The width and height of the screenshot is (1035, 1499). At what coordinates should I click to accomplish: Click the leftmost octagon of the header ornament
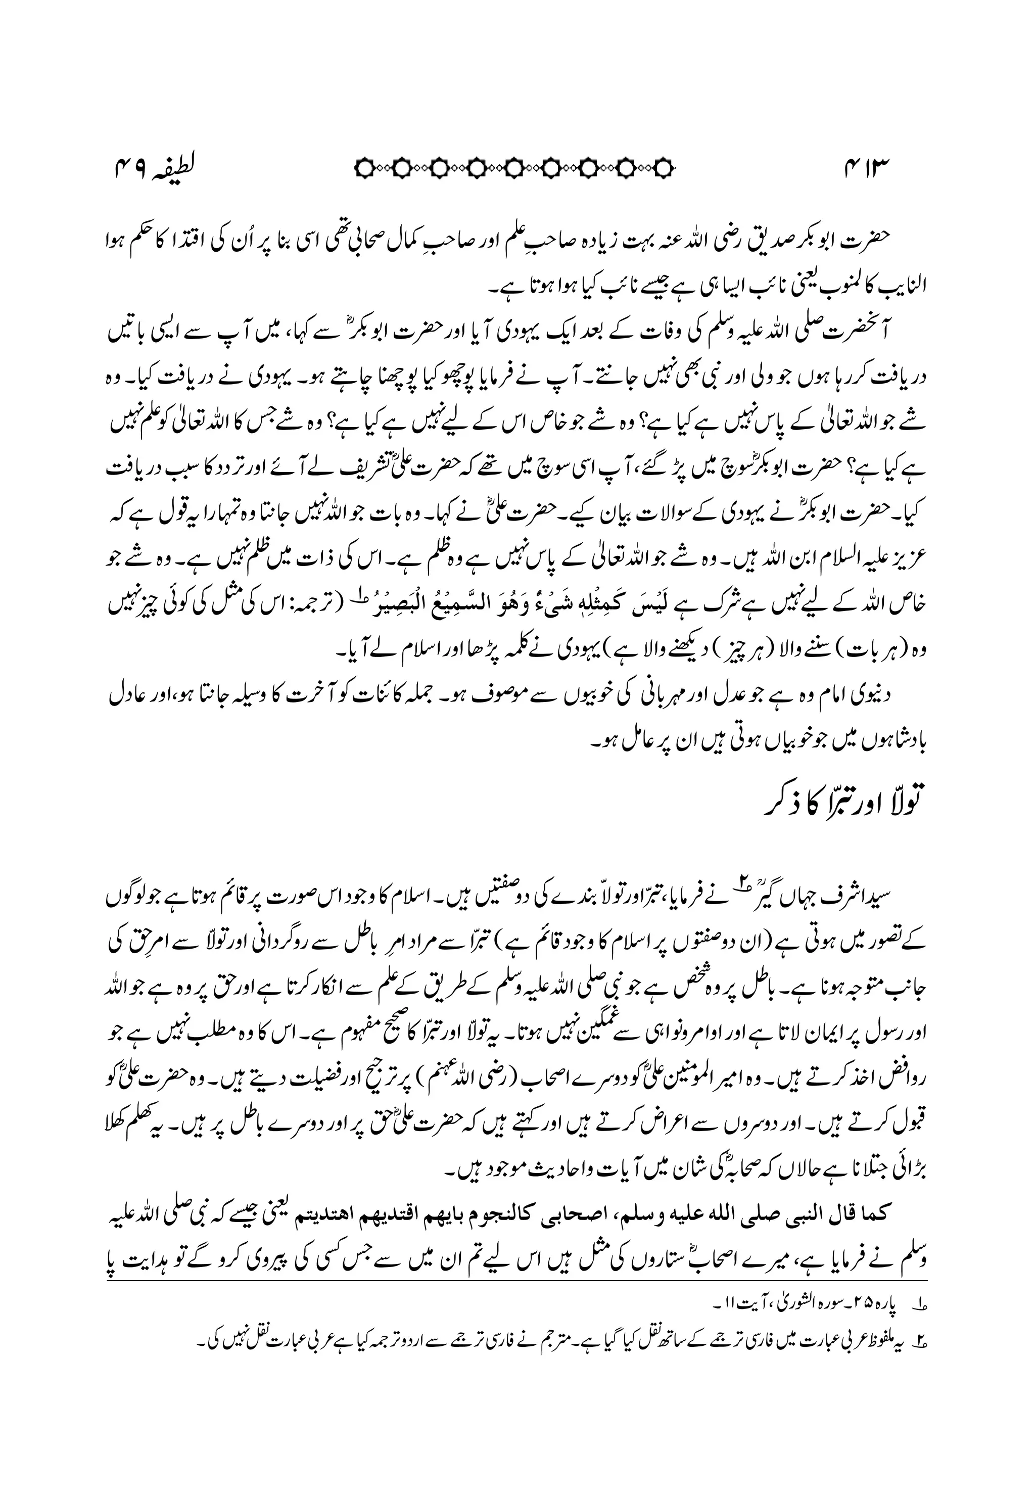point(365,169)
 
